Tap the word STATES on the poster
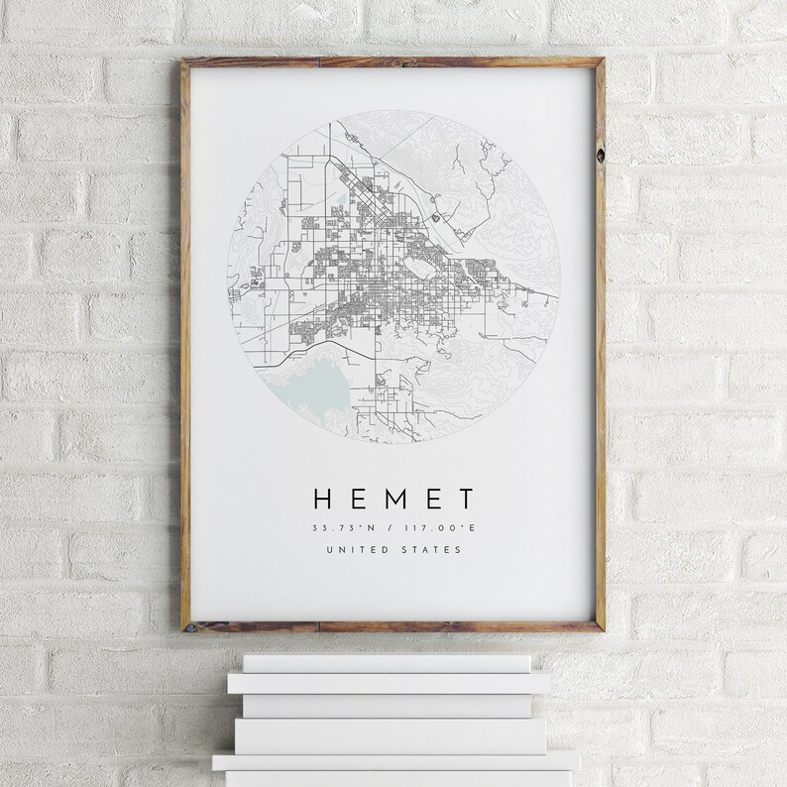click(x=430, y=550)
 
